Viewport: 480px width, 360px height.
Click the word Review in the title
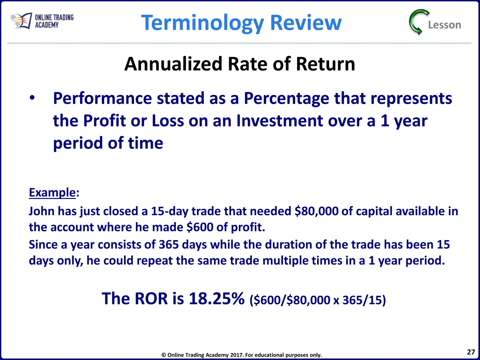(x=306, y=22)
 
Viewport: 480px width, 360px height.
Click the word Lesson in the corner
(x=444, y=25)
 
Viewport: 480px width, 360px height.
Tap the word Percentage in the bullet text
(x=286, y=99)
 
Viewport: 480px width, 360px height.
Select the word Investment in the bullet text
(x=280, y=121)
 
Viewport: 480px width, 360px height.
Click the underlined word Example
(x=52, y=193)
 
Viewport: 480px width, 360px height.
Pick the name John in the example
(x=41, y=211)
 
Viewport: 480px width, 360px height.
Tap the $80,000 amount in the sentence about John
(x=316, y=211)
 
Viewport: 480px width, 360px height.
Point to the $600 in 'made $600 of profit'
(x=200, y=227)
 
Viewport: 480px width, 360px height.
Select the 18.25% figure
(x=217, y=298)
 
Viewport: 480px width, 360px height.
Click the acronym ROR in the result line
(x=151, y=298)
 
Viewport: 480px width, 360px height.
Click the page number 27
(x=471, y=352)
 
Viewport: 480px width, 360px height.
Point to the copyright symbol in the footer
(x=163, y=355)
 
